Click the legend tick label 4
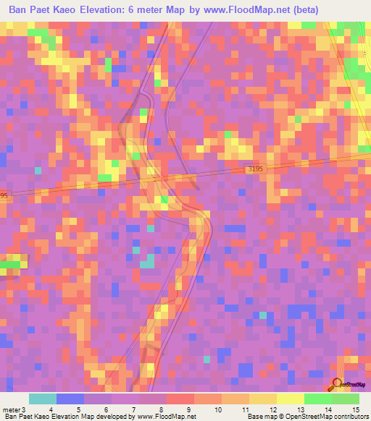pyautogui.click(x=51, y=409)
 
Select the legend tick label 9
pyautogui.click(x=188, y=409)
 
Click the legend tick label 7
pyautogui.click(x=133, y=409)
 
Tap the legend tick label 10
pyautogui.click(x=216, y=409)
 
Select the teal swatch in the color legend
pyautogui.click(x=42, y=399)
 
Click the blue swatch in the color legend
pyautogui.click(x=70, y=399)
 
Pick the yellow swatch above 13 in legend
pyautogui.click(x=290, y=399)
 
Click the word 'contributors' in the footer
pyautogui.click(x=351, y=417)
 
